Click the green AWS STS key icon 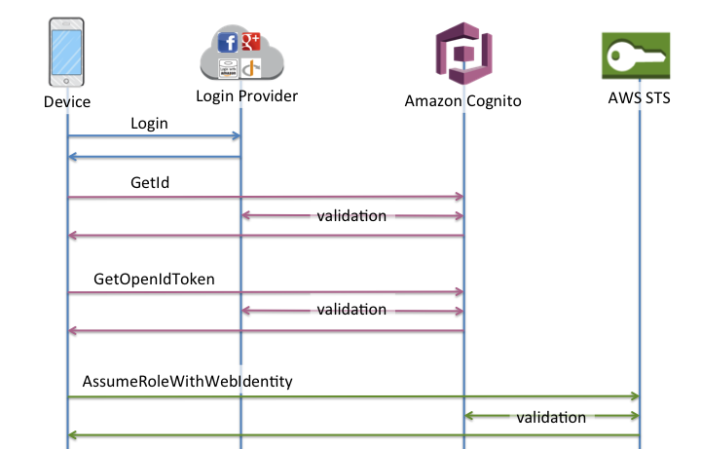coord(639,56)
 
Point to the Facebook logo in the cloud coord(229,43)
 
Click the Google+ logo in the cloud coord(251,42)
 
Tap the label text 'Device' coord(67,101)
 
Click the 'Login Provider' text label coord(246,96)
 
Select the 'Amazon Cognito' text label coord(464,101)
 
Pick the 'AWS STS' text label coord(639,100)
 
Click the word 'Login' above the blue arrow coord(149,124)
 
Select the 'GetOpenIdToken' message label coord(154,280)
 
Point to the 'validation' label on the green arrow coord(551,417)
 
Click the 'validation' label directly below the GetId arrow coord(351,215)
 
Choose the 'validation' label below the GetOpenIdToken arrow coord(351,310)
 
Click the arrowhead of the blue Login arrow coord(236,137)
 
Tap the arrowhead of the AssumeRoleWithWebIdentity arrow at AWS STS coord(634,396)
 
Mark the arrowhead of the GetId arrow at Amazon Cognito coord(459,197)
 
